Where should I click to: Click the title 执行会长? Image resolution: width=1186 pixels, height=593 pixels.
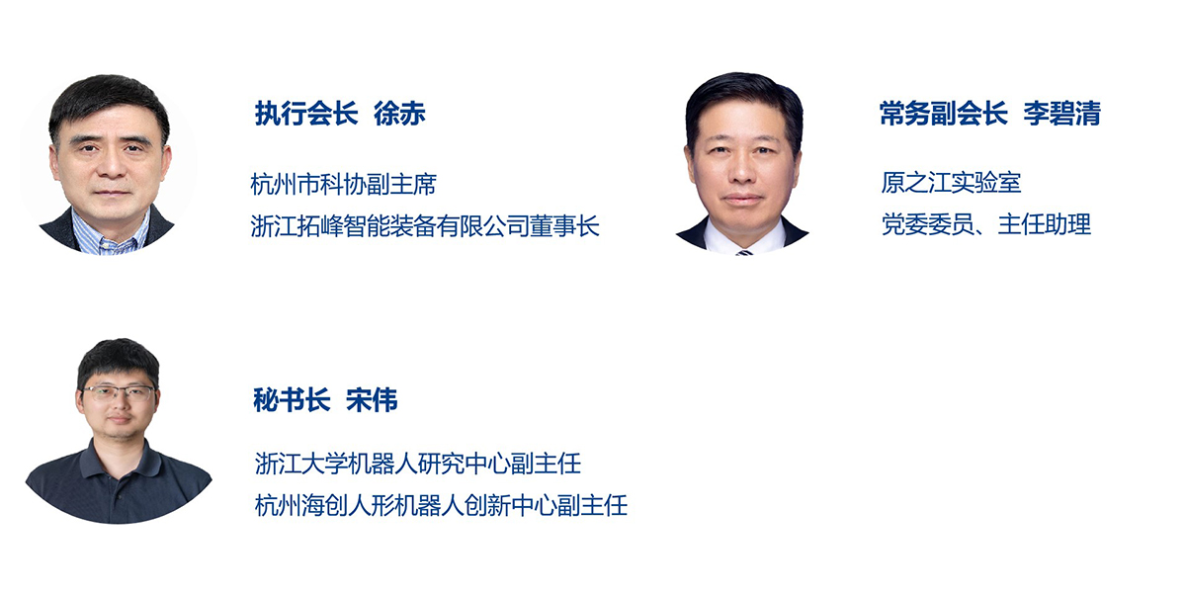click(306, 114)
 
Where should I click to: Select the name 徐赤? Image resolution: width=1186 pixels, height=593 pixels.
click(399, 114)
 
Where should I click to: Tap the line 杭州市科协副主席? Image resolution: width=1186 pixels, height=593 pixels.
click(343, 185)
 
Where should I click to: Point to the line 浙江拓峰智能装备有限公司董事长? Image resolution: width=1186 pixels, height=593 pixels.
click(425, 226)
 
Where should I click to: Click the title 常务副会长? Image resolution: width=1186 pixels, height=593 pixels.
click(943, 114)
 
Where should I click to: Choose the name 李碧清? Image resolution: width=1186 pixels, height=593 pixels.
click(1061, 114)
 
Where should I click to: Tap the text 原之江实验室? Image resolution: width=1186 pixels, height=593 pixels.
click(951, 183)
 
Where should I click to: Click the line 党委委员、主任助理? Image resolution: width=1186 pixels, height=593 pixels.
click(986, 224)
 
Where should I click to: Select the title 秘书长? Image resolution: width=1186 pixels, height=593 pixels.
click(292, 399)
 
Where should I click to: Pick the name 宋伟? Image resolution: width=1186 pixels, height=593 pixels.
click(372, 399)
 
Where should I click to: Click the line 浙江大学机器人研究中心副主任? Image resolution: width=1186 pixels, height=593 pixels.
click(418, 464)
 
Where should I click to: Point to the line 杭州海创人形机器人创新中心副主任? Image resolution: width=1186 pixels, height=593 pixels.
click(441, 505)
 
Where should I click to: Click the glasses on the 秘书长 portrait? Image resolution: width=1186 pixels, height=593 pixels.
click(119, 393)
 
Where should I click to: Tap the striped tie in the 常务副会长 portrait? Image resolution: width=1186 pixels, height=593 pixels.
click(744, 252)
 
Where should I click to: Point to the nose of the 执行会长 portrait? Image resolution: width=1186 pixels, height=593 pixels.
click(113, 167)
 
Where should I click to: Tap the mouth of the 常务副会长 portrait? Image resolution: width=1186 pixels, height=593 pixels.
click(742, 200)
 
